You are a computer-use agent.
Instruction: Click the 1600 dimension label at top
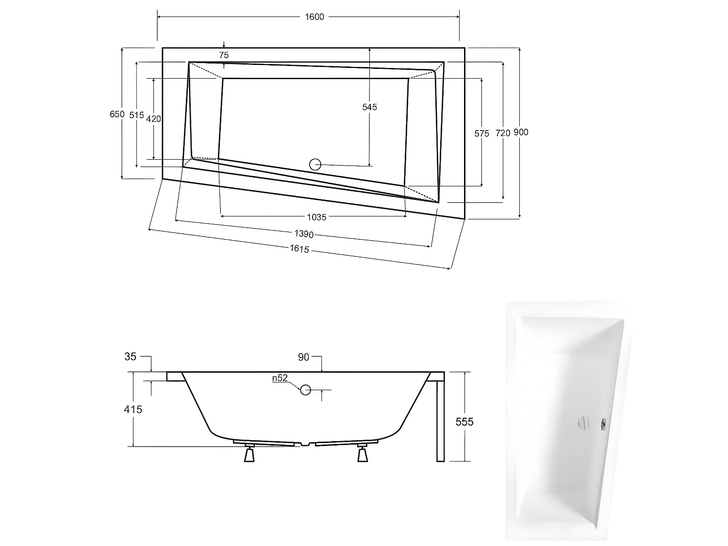(314, 17)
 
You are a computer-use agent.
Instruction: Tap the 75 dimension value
(224, 55)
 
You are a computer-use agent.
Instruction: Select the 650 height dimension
(117, 115)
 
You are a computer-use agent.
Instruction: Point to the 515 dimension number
(137, 115)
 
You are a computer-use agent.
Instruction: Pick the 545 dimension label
(369, 107)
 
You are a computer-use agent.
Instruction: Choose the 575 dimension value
(481, 133)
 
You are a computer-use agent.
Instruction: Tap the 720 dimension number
(503, 133)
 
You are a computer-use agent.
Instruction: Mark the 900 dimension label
(521, 132)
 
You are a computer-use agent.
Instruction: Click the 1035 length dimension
(316, 217)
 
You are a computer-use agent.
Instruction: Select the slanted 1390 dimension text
(304, 234)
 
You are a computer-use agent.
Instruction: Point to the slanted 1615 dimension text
(299, 249)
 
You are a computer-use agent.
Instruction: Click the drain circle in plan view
(315, 164)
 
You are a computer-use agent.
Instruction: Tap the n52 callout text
(280, 378)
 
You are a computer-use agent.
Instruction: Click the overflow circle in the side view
(305, 389)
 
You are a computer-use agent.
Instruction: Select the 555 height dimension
(464, 422)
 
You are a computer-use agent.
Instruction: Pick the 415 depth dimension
(133, 410)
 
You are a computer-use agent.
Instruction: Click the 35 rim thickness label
(131, 357)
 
